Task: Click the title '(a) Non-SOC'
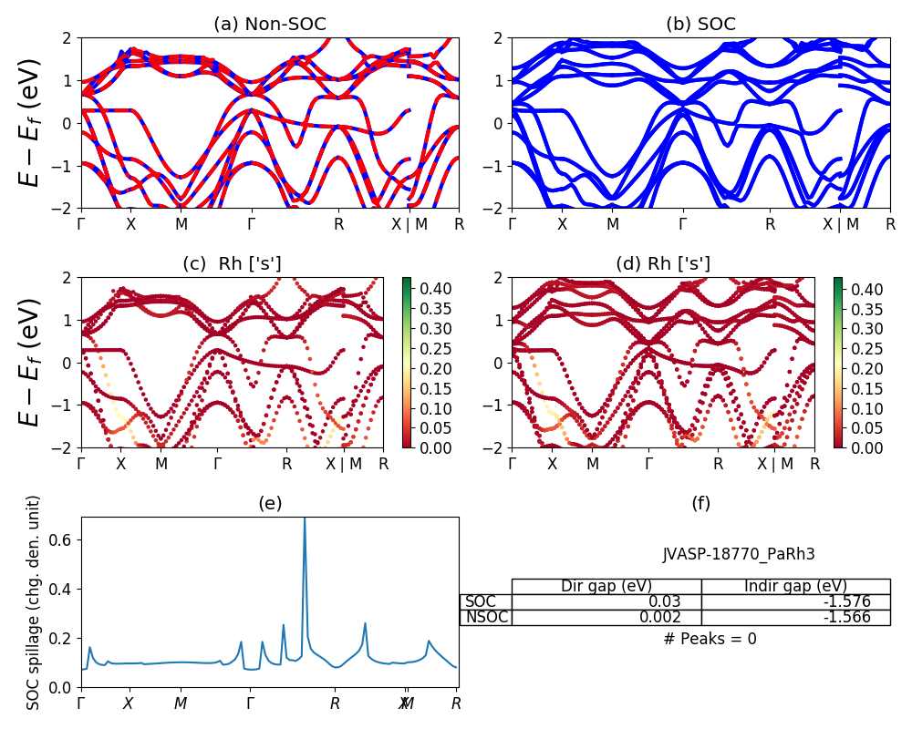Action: [270, 25]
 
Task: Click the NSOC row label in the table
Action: [485, 617]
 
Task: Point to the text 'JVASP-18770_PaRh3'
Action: [739, 554]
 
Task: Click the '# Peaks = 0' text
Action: [710, 639]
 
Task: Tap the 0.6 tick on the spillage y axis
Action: [64, 539]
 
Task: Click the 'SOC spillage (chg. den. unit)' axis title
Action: [34, 602]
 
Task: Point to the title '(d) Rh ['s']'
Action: [663, 264]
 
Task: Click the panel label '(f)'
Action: [700, 503]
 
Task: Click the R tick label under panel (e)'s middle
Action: [335, 703]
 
